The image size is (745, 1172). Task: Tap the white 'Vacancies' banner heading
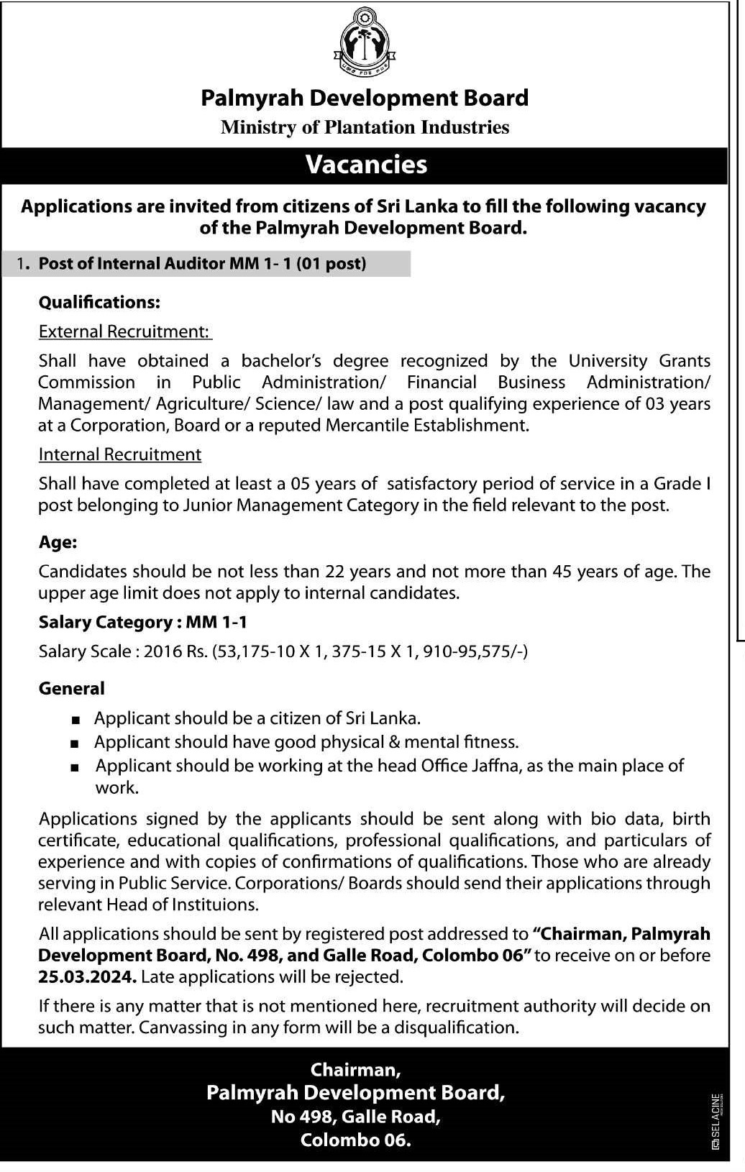[366, 165]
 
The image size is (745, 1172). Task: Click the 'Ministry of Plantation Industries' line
[365, 127]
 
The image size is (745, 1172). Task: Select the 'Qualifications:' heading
[99, 302]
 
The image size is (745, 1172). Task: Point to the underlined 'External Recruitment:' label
[124, 331]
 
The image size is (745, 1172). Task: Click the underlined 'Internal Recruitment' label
[119, 454]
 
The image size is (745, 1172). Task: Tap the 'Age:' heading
[58, 542]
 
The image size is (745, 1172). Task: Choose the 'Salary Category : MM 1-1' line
[142, 622]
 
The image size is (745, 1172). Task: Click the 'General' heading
[71, 688]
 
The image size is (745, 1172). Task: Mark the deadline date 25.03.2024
[87, 977]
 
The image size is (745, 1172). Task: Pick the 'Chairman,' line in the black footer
[355, 1070]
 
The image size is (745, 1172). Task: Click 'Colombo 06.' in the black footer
[355, 1140]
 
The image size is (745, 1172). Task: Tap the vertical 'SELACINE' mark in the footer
[716, 1120]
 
